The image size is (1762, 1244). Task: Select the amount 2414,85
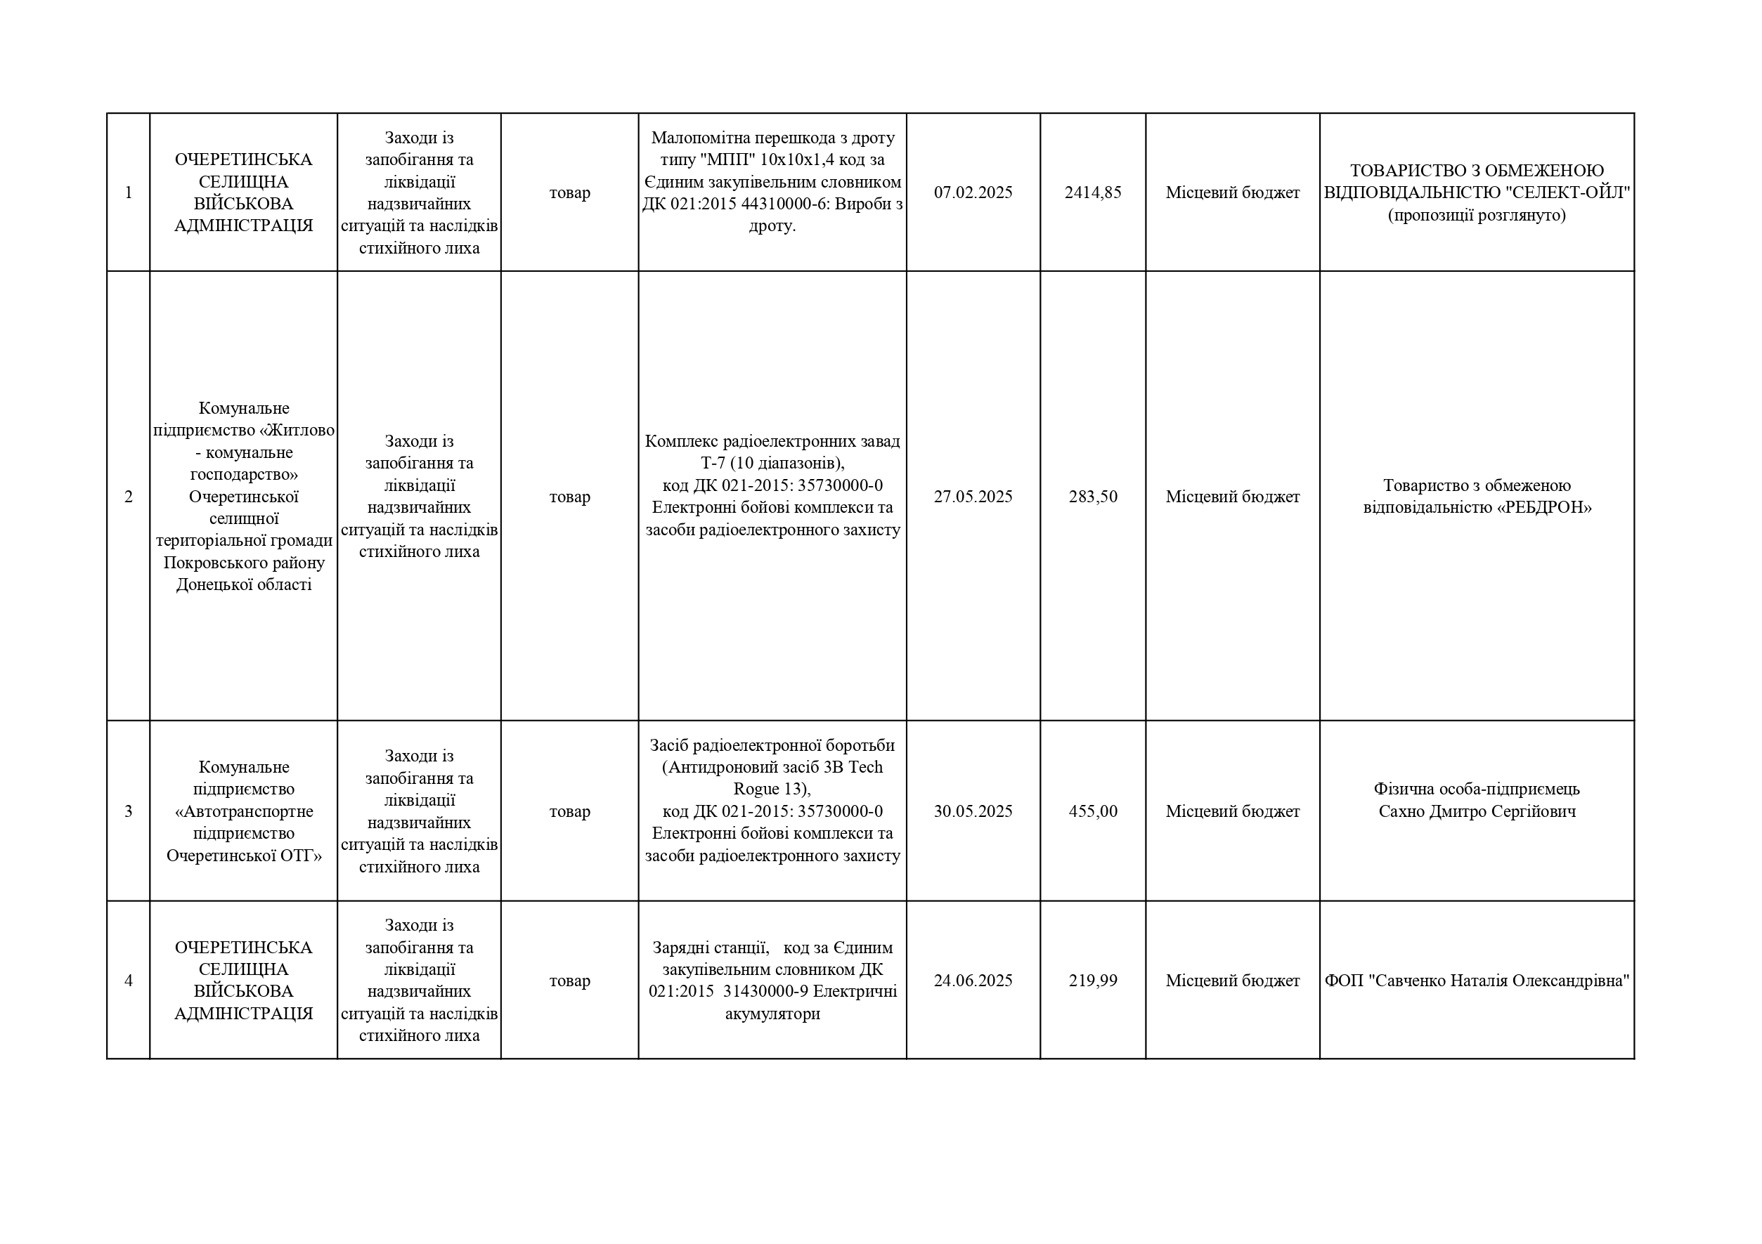pos(1092,192)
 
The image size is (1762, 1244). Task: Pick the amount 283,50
pos(1092,497)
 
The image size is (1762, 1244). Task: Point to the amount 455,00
pos(1092,811)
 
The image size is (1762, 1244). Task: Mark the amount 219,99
pos(1092,981)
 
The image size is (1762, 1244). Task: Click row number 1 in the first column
pos(128,192)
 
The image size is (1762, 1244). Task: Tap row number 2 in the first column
pos(128,497)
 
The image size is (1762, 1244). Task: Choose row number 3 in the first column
pos(128,811)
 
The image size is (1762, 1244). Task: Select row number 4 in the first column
pos(128,981)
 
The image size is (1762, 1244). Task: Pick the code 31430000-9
pos(765,992)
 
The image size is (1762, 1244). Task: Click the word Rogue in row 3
pos(756,790)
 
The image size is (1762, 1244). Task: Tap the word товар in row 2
pos(569,497)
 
